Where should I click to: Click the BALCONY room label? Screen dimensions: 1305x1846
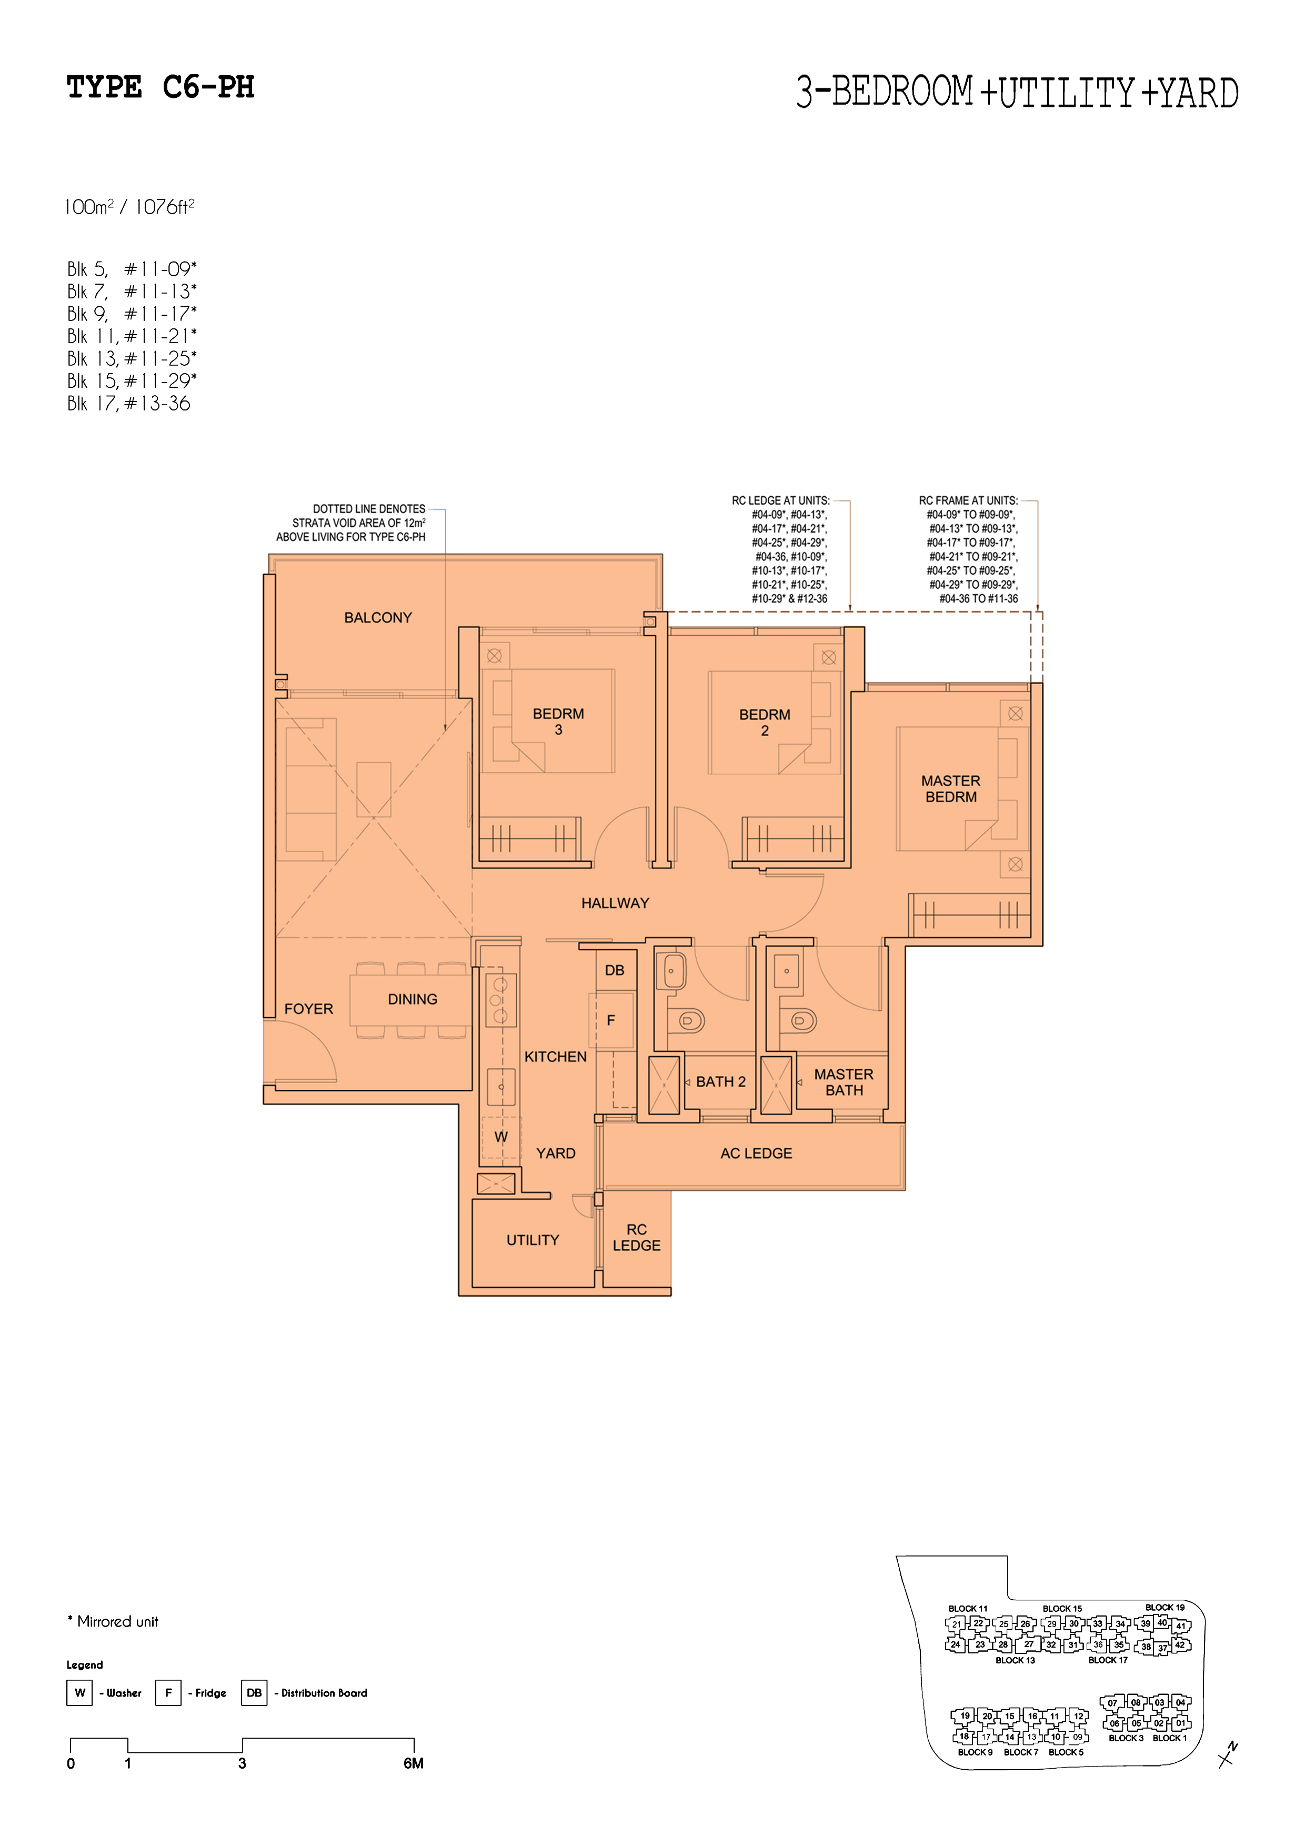click(378, 617)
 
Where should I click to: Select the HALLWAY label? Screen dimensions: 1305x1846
click(615, 903)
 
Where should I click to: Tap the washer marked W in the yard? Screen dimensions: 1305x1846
click(501, 1137)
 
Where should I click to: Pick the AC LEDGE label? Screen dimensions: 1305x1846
click(756, 1153)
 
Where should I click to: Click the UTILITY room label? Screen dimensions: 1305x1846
click(533, 1240)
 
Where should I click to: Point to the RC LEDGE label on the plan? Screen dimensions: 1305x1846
click(637, 1237)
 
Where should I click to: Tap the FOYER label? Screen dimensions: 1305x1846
click(309, 1009)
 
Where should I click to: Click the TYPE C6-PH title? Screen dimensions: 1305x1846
click(161, 87)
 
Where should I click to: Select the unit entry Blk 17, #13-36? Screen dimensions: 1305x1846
click(128, 404)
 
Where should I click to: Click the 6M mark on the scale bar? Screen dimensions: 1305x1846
click(413, 1763)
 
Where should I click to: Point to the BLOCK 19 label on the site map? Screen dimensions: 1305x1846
click(1165, 1607)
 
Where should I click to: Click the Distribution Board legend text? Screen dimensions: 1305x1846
click(324, 1692)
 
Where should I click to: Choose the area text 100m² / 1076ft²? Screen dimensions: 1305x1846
click(130, 207)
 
